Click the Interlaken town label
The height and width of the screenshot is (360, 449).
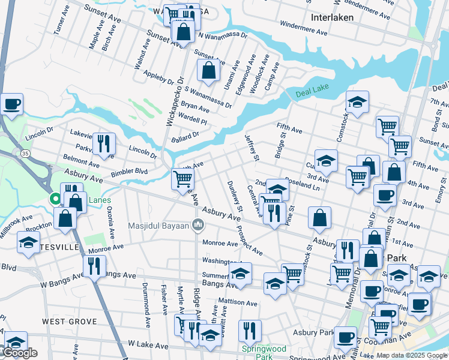331,17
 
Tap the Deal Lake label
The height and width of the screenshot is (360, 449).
313,94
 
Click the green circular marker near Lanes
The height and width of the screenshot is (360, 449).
54,198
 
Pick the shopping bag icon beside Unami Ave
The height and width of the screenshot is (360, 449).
208,71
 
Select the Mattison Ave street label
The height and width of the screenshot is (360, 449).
237,304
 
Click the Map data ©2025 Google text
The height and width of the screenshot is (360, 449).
411,355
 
